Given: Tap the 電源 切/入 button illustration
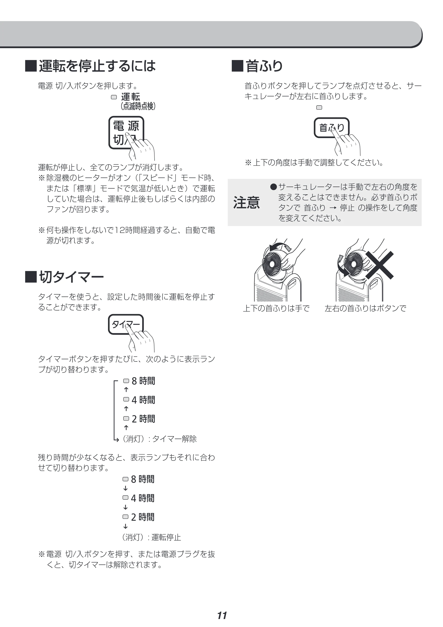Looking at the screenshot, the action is point(126,133).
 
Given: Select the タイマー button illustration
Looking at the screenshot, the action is point(126,324).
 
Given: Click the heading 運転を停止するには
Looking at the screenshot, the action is point(97,66).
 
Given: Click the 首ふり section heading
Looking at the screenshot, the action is point(264,66).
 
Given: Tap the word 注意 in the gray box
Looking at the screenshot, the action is point(246,203).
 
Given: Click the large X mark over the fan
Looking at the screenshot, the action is point(379,265).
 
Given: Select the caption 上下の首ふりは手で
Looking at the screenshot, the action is point(276,309).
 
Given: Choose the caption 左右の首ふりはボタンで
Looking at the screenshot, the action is point(366,309).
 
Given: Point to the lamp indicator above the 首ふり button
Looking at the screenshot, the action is point(319,107).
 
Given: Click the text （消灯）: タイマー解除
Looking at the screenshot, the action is point(159,439).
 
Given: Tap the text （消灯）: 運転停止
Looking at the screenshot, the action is point(152,537).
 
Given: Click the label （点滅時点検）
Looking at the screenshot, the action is point(138,106).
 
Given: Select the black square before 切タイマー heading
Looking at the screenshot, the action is point(31,277).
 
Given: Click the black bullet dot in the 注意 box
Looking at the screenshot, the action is point(273,187).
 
